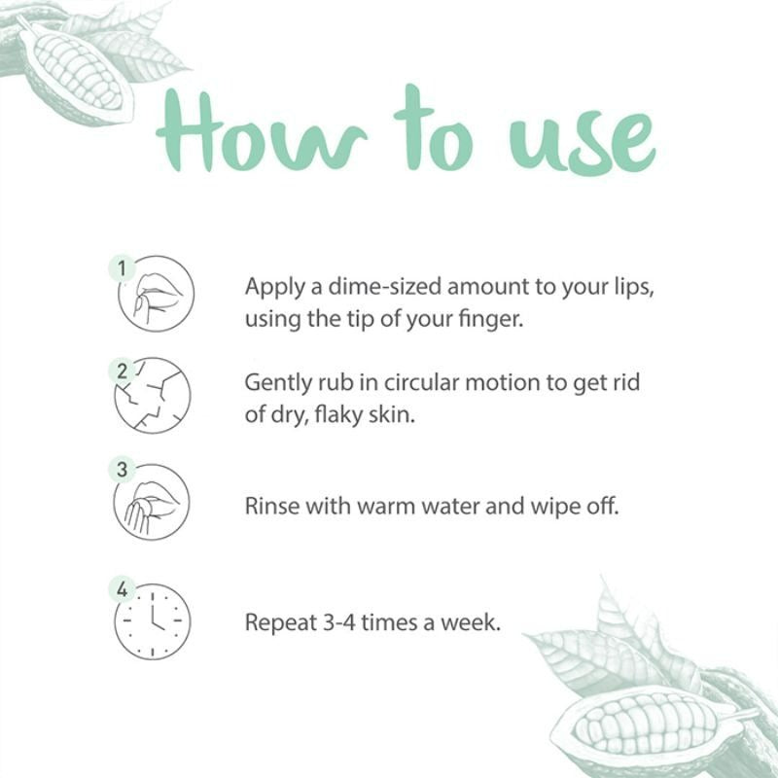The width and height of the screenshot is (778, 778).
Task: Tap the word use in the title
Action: (582, 140)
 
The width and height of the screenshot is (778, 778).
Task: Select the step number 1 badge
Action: (122, 269)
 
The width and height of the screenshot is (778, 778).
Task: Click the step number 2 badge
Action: (122, 371)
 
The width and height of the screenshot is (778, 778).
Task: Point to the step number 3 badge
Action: (122, 469)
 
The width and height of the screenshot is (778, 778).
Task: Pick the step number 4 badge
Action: (122, 589)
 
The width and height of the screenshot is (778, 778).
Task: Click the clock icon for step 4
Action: (153, 621)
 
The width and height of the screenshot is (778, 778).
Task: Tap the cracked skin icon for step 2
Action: (153, 396)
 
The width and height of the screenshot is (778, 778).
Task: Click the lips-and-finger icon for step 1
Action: (157, 294)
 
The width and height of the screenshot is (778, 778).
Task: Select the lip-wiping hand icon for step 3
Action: (152, 502)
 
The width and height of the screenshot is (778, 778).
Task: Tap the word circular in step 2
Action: (421, 382)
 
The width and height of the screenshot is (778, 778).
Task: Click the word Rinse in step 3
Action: (272, 506)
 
